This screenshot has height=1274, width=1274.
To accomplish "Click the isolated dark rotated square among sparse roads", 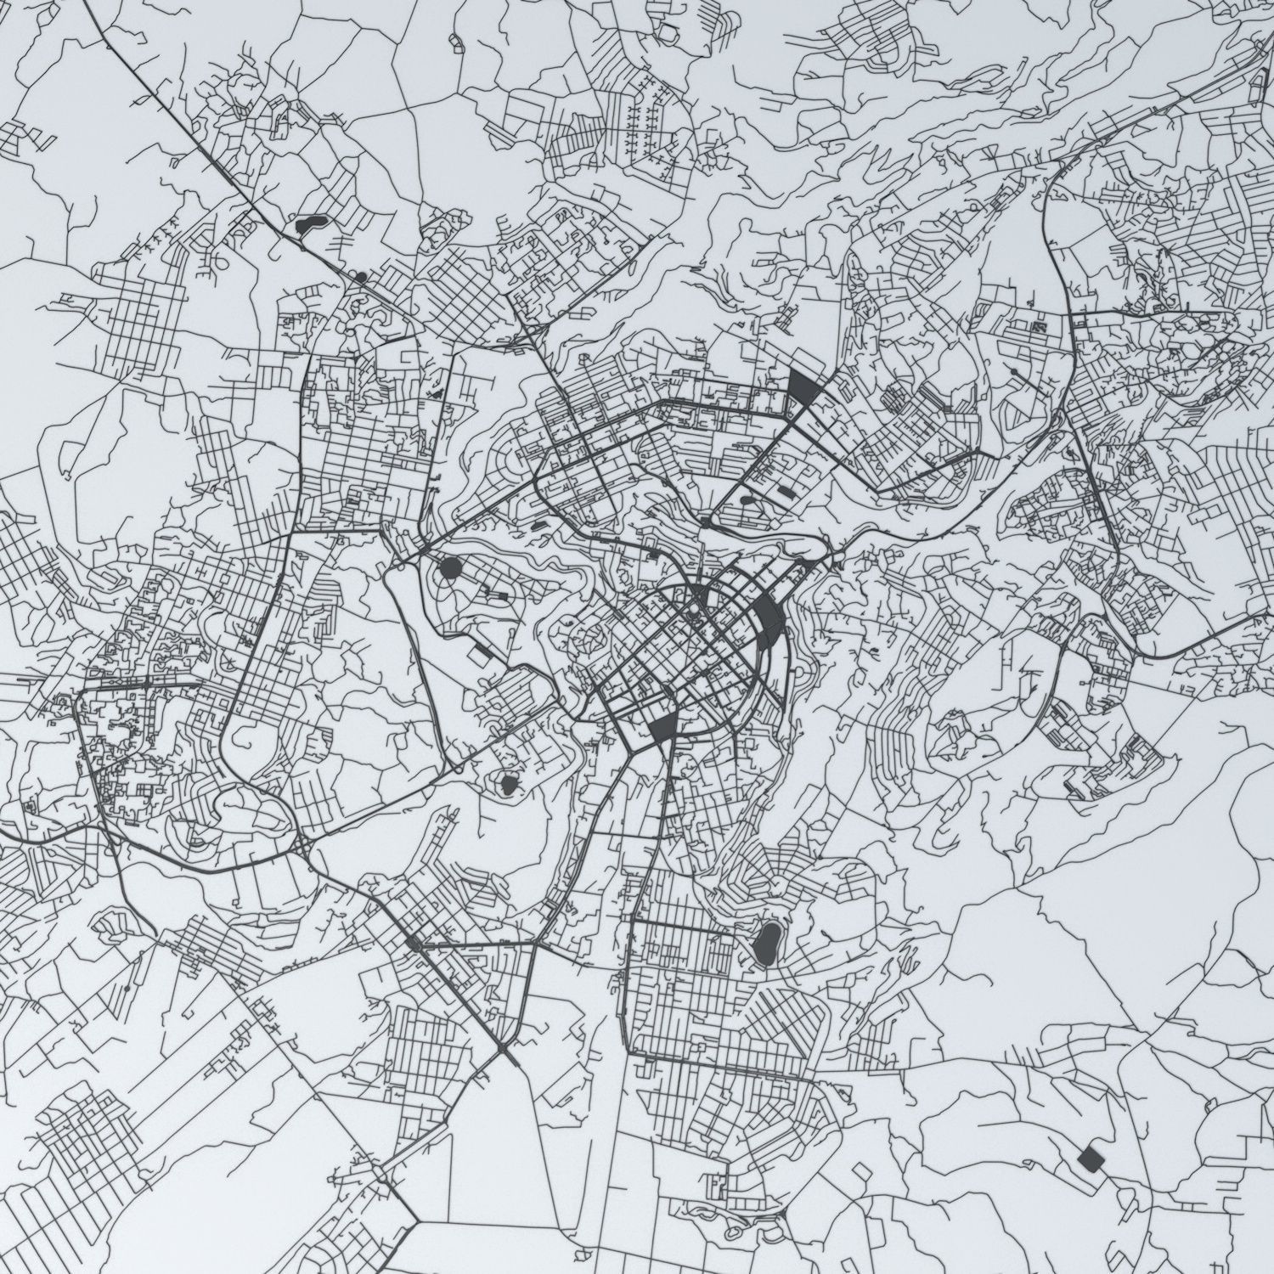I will (1090, 1158).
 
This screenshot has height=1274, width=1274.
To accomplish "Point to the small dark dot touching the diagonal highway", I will (362, 277).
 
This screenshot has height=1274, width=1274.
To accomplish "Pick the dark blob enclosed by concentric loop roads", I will (509, 784).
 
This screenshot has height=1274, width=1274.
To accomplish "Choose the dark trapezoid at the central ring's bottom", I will (663, 727).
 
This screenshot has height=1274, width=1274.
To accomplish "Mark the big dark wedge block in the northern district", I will (803, 387).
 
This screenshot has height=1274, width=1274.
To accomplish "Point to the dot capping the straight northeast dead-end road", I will (1014, 372).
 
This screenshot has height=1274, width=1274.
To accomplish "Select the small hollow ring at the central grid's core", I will (695, 608).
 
